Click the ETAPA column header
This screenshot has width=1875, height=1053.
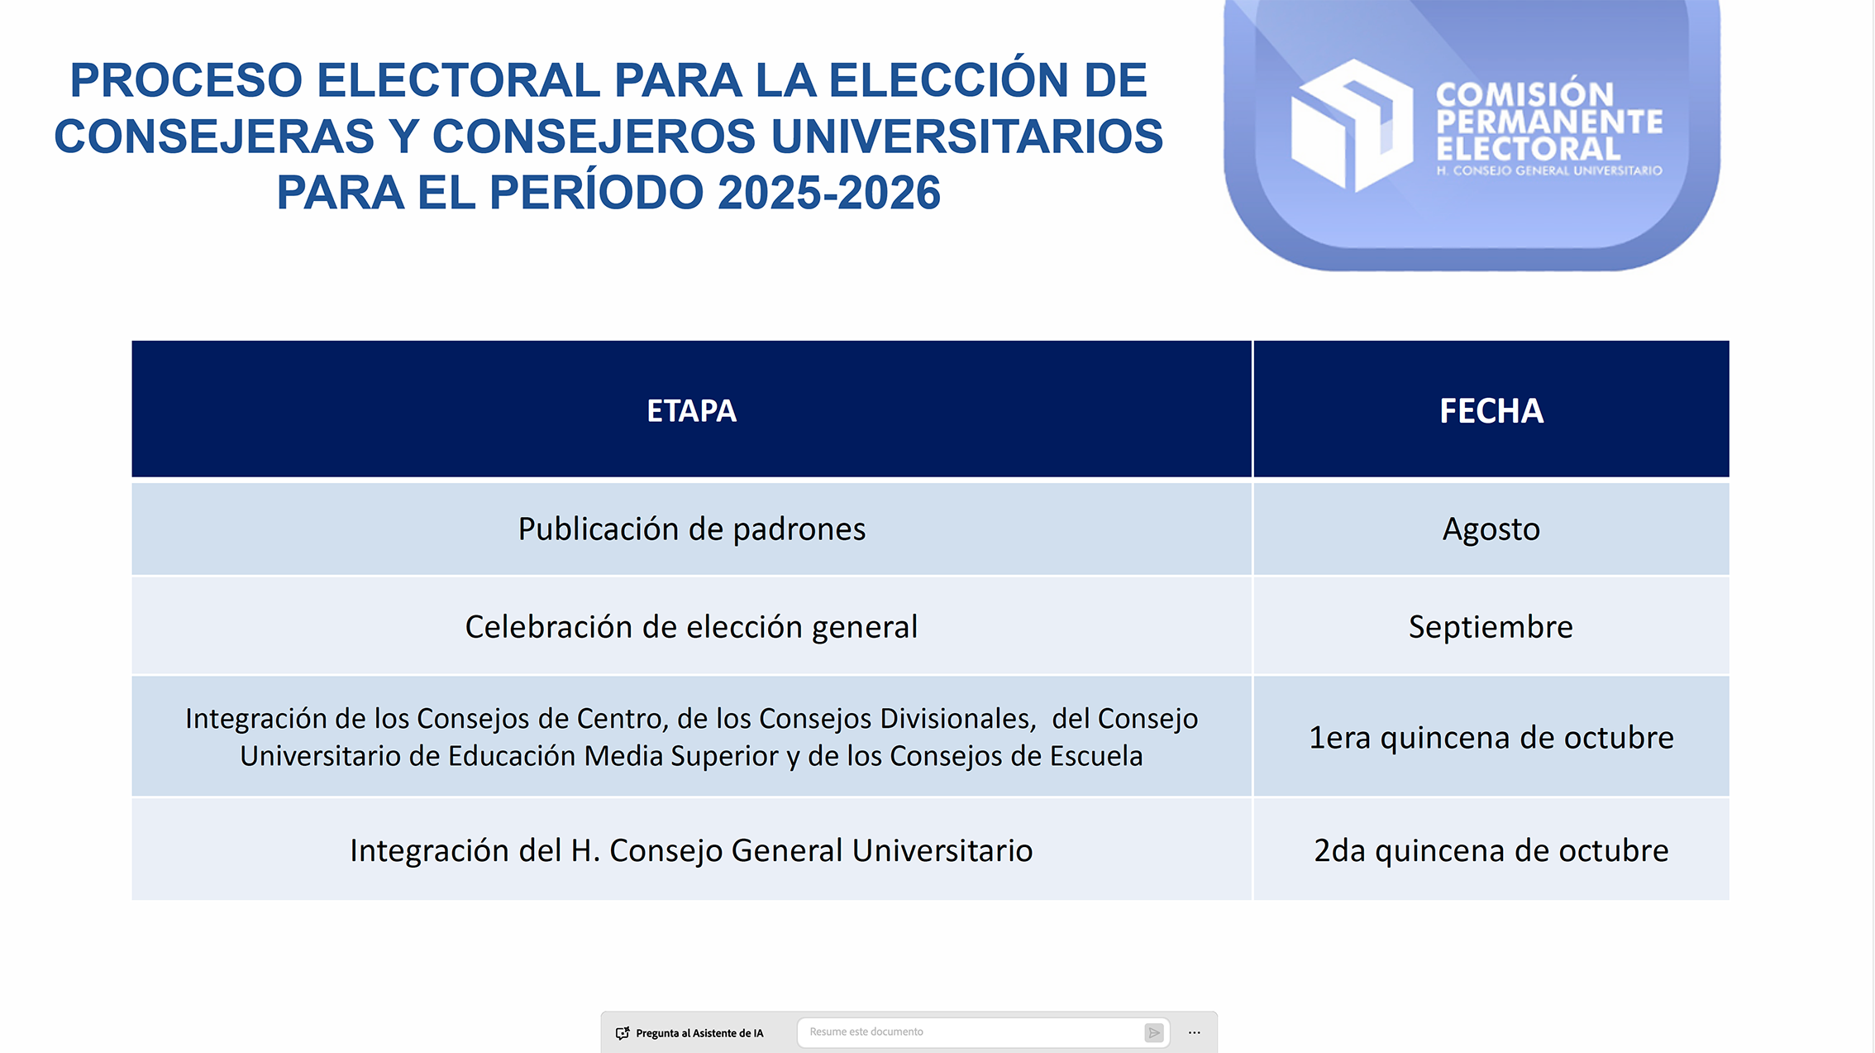(x=691, y=410)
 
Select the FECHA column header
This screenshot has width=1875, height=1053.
(x=1491, y=410)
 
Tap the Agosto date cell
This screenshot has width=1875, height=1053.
(x=1491, y=529)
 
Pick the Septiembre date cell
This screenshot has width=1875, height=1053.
(x=1491, y=627)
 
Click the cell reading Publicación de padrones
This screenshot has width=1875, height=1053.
(x=691, y=529)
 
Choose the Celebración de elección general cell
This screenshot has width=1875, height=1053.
(x=691, y=627)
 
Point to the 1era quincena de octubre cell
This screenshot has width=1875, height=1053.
(x=1491, y=737)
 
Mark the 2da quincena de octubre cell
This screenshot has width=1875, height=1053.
(x=1491, y=850)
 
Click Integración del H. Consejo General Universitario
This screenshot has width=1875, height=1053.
(x=691, y=850)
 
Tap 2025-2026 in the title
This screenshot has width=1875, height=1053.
(x=829, y=193)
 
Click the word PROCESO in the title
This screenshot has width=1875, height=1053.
(x=186, y=80)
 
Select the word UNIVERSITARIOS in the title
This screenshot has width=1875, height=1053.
(x=966, y=136)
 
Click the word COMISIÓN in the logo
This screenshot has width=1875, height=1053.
(x=1524, y=94)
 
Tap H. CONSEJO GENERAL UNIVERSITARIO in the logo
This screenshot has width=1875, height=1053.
(x=1549, y=170)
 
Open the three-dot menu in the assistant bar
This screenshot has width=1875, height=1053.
(x=1195, y=1032)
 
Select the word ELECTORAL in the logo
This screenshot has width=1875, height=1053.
(x=1528, y=150)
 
